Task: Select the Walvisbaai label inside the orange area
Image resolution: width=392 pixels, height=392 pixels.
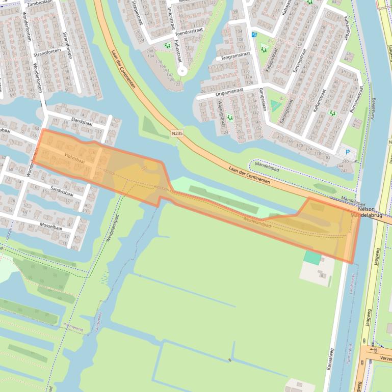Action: [x=74, y=158]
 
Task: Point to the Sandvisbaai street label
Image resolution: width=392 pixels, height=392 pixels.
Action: [x=62, y=191]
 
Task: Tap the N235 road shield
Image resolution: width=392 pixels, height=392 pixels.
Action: [x=177, y=133]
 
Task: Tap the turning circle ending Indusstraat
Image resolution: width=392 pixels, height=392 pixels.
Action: [x=182, y=71]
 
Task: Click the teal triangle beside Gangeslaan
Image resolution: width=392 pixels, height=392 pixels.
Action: [x=276, y=105]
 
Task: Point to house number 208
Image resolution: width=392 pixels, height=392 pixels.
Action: [x=150, y=51]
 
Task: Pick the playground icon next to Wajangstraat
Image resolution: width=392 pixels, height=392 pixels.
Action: [x=230, y=118]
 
